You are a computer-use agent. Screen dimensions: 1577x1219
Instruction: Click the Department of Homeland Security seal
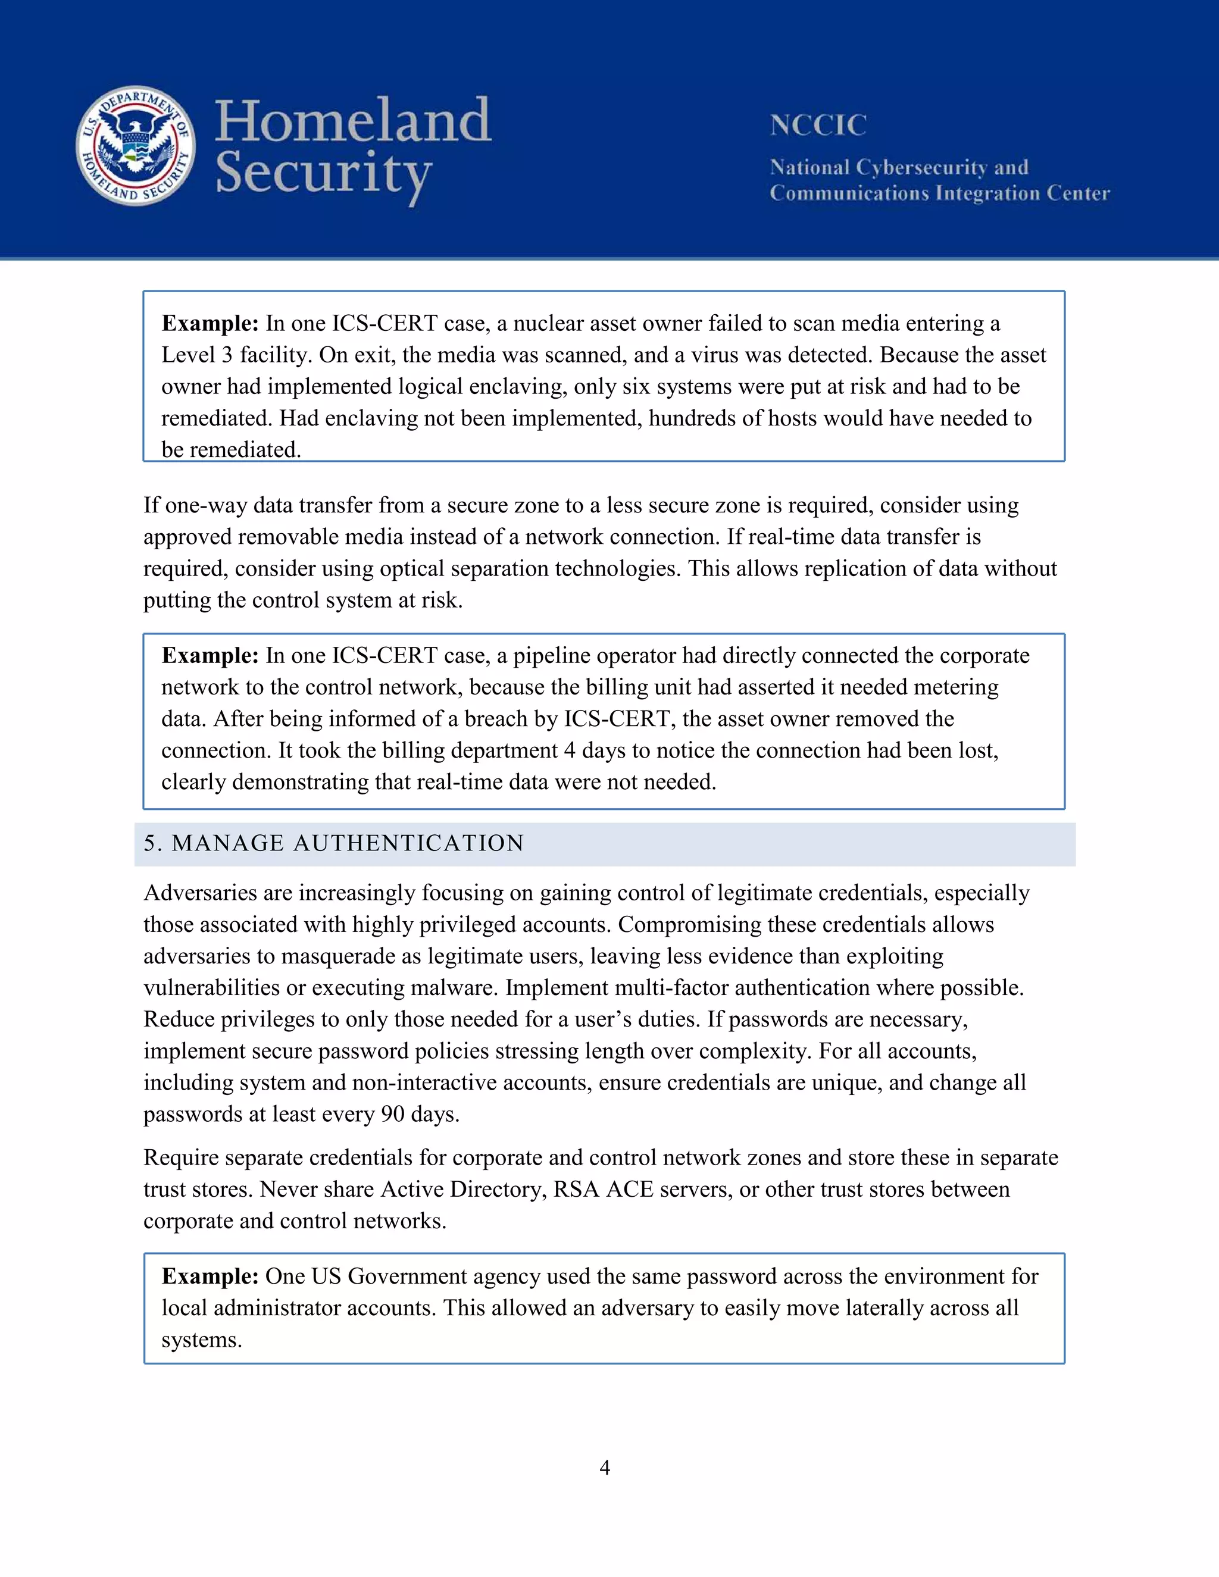coord(136,146)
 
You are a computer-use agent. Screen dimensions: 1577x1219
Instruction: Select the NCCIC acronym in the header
coord(817,126)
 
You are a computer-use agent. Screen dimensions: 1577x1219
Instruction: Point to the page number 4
coord(605,1468)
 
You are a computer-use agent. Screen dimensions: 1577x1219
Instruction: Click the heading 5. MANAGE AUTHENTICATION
coord(334,843)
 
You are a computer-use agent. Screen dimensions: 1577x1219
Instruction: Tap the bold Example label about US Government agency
coord(210,1276)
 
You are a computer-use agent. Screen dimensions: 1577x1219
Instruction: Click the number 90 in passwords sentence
coord(393,1114)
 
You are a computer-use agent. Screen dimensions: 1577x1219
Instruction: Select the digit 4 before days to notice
coord(569,751)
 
